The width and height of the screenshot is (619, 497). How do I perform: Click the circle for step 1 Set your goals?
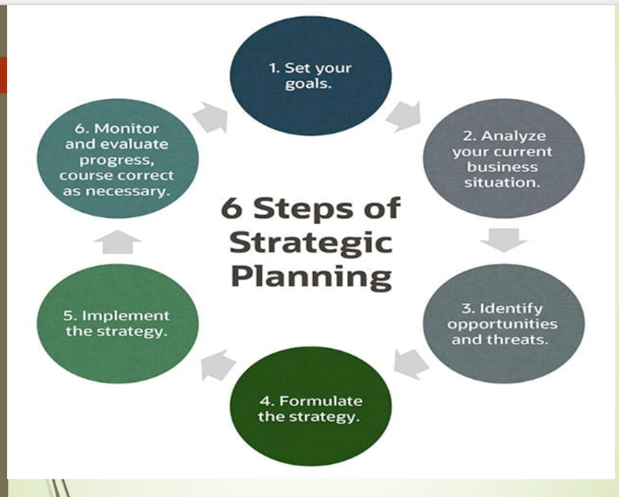coord(311,76)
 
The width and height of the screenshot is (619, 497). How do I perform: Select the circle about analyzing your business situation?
coord(504,158)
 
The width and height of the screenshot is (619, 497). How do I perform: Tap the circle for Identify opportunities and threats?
coord(504,324)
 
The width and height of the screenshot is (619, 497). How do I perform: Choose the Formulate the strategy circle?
coord(311,407)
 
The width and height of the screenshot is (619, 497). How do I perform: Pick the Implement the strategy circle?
coord(118,324)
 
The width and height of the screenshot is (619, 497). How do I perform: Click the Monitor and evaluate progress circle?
coord(118,158)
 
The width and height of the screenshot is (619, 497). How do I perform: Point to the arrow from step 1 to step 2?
coord(404,116)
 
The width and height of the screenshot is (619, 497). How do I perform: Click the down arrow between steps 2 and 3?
coord(504,240)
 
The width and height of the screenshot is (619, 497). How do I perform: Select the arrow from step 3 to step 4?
coord(411,364)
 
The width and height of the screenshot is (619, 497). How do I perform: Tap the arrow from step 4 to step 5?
coord(217,365)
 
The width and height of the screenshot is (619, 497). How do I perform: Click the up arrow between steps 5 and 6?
coord(118,241)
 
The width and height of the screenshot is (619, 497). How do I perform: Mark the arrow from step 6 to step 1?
coord(211,117)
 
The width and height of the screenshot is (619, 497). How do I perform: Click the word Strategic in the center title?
coord(311,243)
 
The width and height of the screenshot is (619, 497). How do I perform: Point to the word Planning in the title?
coord(311,277)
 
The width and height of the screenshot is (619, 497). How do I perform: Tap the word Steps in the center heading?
coord(303,209)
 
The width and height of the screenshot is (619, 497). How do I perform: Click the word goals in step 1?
coord(308,84)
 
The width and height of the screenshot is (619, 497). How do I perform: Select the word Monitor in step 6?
coord(126,128)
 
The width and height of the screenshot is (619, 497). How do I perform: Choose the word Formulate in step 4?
coord(321,401)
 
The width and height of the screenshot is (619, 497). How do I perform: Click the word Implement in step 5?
coord(125,316)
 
